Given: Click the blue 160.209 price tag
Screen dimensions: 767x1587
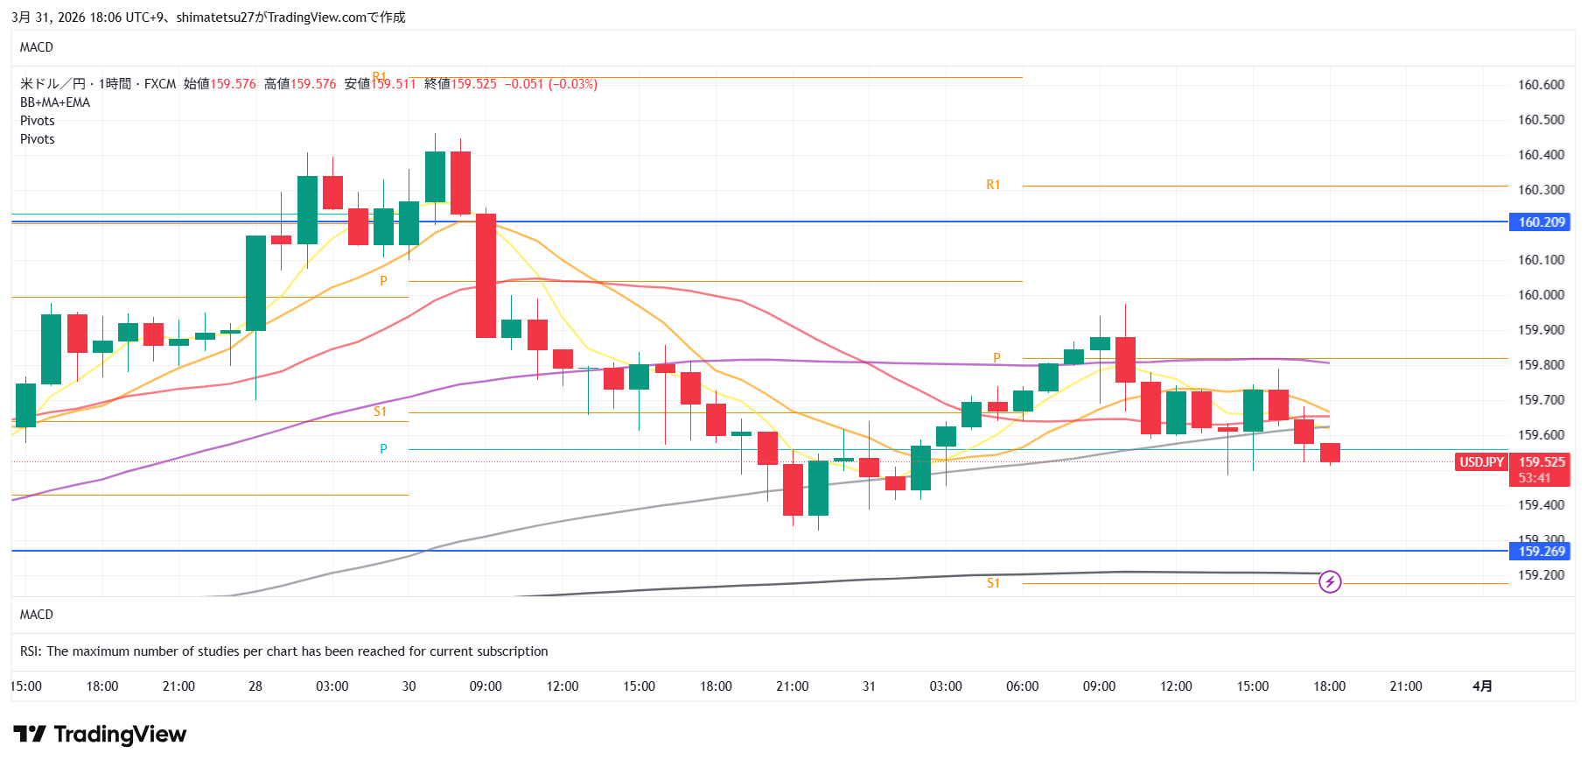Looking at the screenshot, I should [1541, 222].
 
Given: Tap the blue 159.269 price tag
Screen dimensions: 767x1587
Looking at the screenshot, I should [1541, 552].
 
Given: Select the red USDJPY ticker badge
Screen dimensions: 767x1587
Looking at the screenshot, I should [1481, 462].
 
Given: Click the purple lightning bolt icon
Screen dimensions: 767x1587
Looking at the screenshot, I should [1330, 581].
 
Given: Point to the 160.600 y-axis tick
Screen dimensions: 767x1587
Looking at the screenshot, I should [1541, 85].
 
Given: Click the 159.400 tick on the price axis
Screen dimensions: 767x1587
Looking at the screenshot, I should [1541, 505].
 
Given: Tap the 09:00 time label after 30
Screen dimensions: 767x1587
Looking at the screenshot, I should [486, 686].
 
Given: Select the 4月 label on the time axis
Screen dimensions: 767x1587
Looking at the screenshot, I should [1482, 686].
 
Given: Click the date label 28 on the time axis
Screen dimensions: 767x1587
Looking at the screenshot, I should [255, 686].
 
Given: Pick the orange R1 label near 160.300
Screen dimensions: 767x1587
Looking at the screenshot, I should [993, 185].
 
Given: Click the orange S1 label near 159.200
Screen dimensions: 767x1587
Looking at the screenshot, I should [993, 583].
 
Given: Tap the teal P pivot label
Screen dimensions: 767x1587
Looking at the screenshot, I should [383, 449].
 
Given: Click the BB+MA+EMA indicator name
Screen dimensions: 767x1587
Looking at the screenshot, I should [55, 102].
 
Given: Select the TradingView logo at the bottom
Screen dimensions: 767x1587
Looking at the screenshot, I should [100, 734].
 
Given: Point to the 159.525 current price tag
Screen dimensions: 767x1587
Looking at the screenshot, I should [1541, 462].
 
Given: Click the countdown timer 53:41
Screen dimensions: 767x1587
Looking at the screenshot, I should [1535, 478].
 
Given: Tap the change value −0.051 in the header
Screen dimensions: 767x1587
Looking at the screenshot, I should [524, 84].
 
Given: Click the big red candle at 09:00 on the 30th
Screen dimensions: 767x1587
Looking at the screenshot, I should [486, 276].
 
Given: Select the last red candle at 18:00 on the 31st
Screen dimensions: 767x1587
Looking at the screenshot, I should [1330, 453].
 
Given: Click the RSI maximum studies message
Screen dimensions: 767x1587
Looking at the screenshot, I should [284, 651].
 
